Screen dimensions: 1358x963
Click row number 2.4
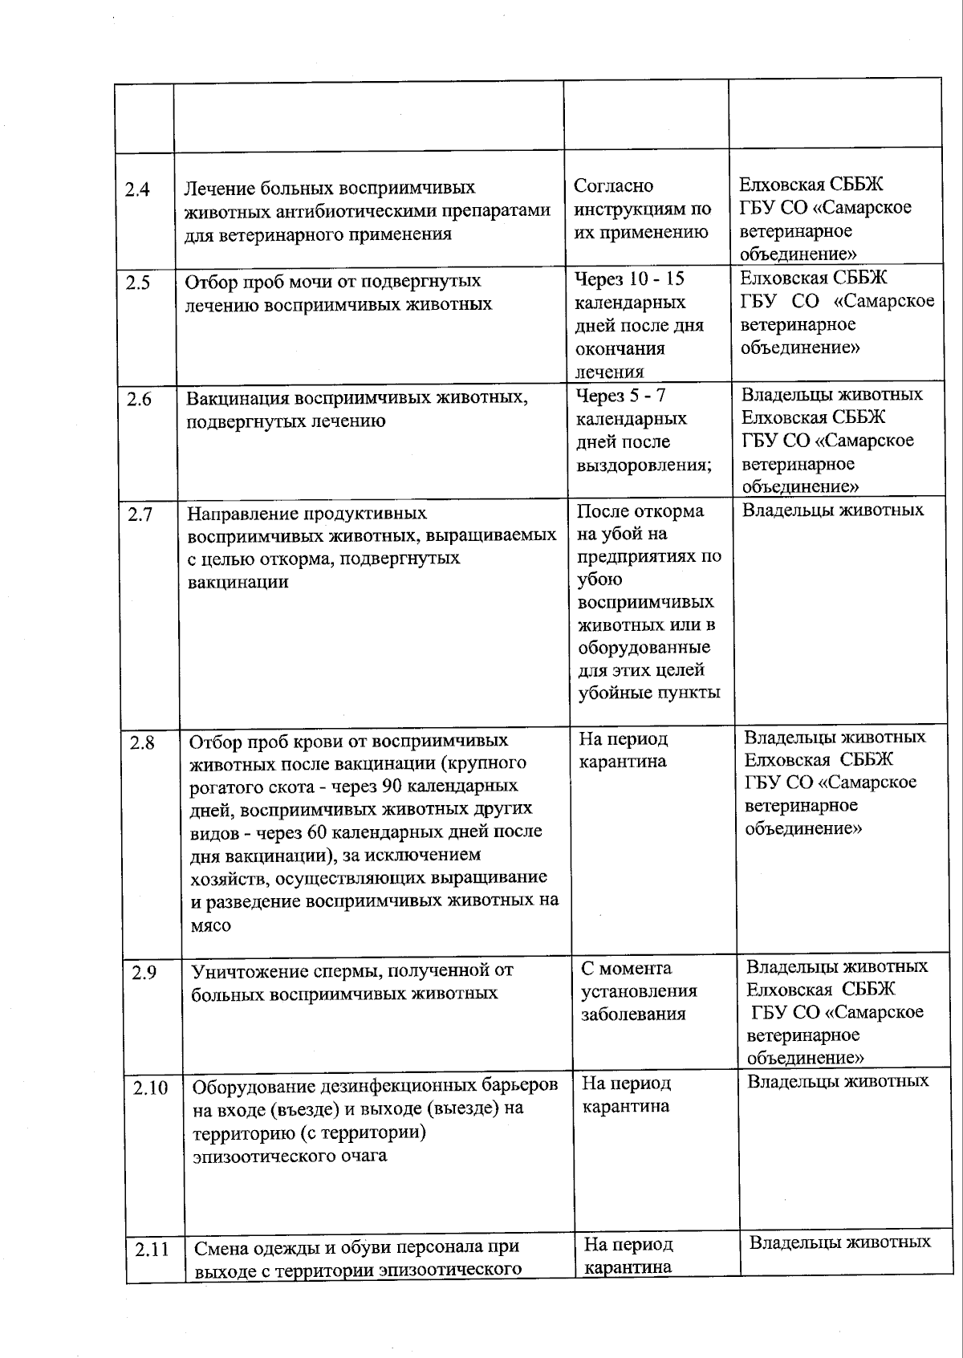[137, 191]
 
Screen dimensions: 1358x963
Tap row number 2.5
[137, 283]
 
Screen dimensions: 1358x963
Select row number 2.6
[139, 399]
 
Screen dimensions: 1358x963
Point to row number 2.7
[140, 514]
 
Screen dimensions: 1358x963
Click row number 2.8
[142, 742]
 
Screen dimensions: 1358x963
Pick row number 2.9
[144, 973]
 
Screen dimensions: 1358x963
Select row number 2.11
[152, 1250]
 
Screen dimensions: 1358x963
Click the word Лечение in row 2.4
[217, 189]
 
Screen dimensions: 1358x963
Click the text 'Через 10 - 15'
[630, 279]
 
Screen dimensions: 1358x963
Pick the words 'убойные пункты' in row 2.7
[648, 693]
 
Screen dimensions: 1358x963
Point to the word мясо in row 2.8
[210, 925]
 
